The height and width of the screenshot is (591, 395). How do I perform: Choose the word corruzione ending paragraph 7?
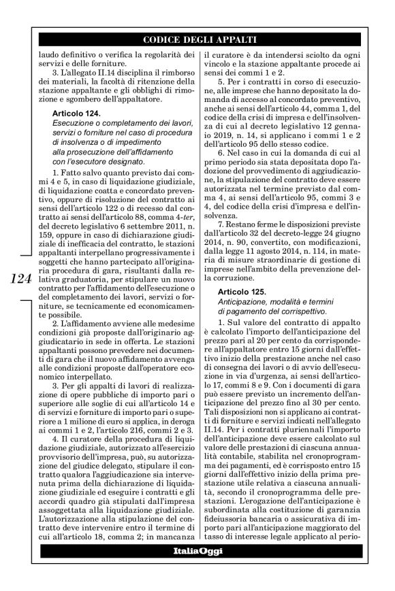coord(230,279)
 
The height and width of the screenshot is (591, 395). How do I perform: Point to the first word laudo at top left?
coord(52,54)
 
